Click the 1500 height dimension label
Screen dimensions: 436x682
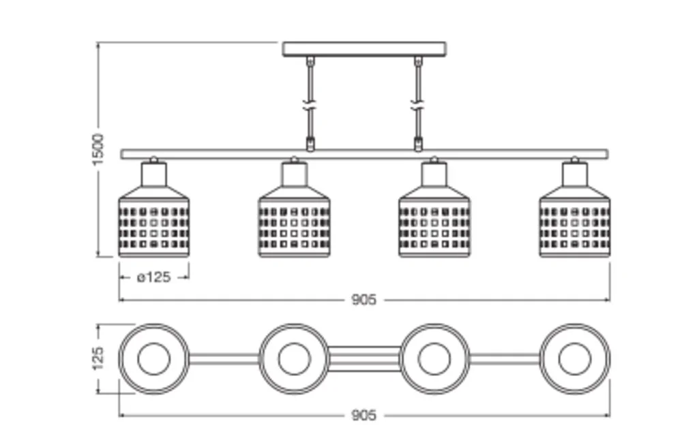(99, 149)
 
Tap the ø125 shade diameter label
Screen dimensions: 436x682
(153, 277)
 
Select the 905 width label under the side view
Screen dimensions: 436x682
(364, 300)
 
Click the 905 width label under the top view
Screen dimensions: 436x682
(364, 415)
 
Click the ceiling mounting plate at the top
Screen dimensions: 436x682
(364, 49)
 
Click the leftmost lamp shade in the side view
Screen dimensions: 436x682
(153, 225)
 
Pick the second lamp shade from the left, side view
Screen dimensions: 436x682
(294, 225)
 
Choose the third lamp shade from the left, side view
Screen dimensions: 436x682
(434, 225)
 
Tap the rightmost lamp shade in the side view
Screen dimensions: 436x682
(575, 225)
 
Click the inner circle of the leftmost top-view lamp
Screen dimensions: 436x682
(153, 358)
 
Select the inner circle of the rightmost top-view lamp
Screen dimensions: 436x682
(575, 358)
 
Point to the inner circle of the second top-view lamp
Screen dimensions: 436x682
(294, 358)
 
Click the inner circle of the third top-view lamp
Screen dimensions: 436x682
(434, 358)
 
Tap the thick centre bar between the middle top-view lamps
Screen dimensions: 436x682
(364, 358)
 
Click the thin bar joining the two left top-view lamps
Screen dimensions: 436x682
(224, 358)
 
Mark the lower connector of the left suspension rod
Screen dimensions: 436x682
(310, 144)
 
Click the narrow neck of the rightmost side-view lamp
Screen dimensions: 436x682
(575, 175)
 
